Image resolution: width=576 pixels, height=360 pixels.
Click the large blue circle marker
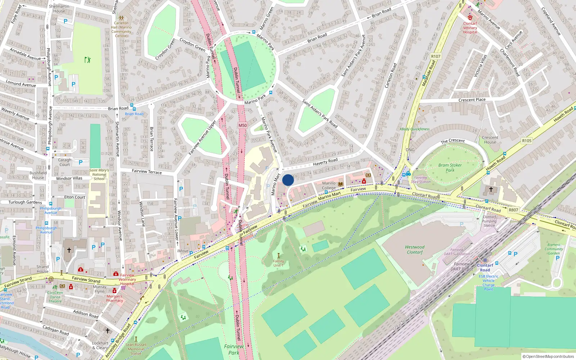[x=288, y=180]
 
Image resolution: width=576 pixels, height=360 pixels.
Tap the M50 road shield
[x=243, y=126]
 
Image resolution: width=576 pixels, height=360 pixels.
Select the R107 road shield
[x=436, y=56]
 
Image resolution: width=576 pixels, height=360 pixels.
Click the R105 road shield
[x=527, y=141]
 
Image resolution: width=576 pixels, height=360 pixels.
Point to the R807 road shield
[x=513, y=210]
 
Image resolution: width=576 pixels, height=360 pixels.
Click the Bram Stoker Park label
[x=450, y=168]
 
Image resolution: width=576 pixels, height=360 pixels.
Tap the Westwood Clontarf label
[x=415, y=249]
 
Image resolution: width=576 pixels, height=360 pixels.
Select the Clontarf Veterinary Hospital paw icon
[x=470, y=17]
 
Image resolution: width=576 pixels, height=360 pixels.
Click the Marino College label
[x=329, y=185]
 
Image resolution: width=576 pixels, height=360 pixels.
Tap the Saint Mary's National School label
[x=99, y=174]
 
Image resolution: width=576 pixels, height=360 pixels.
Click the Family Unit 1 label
[x=278, y=263]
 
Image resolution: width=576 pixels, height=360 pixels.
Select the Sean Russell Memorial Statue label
[x=136, y=349]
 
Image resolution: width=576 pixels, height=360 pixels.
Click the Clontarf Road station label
[x=485, y=267]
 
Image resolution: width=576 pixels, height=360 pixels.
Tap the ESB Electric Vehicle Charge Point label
[x=489, y=283]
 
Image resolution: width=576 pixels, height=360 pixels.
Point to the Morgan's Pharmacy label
[x=114, y=298]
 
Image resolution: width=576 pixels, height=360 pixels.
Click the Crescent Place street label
[x=472, y=100]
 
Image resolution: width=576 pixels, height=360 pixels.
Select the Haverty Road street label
[x=325, y=162]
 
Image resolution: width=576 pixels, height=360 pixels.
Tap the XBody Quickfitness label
[x=414, y=129]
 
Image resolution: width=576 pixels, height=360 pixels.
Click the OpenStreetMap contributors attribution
[x=548, y=356]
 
